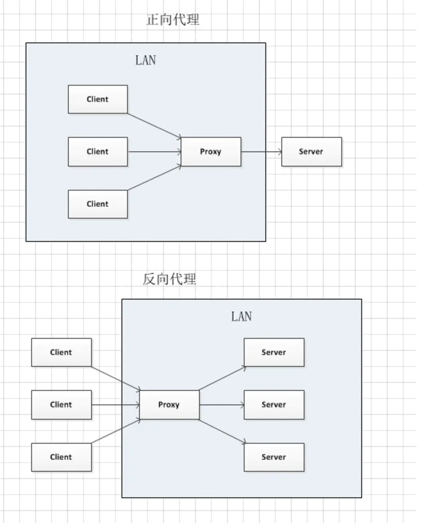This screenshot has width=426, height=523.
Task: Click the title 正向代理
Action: (173, 20)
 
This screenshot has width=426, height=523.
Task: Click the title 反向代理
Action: (169, 279)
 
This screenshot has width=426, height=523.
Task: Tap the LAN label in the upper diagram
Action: (145, 60)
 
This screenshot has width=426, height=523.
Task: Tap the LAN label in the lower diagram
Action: (241, 316)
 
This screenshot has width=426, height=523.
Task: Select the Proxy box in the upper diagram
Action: (211, 151)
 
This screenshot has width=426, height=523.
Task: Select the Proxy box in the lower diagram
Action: (169, 405)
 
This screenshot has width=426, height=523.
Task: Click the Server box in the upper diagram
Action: (312, 151)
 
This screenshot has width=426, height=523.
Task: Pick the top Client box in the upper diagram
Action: (98, 99)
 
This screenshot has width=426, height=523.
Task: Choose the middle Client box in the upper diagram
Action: (98, 151)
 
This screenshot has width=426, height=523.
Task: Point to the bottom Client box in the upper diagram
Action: (98, 204)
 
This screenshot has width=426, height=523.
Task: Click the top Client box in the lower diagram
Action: (62, 352)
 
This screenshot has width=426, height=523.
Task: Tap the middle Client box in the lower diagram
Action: (62, 405)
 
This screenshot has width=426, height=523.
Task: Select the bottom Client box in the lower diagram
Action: (62, 457)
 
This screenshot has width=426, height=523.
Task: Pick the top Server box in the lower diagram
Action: (274, 352)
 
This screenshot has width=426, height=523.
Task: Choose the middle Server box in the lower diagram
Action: (274, 405)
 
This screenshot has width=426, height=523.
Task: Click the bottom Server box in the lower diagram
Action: (274, 457)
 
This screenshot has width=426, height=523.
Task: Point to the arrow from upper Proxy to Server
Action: (261, 151)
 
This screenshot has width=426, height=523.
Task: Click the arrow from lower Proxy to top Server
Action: (222, 378)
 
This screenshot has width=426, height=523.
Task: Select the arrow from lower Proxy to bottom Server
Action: (222, 431)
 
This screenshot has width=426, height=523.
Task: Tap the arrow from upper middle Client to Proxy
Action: (155, 151)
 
